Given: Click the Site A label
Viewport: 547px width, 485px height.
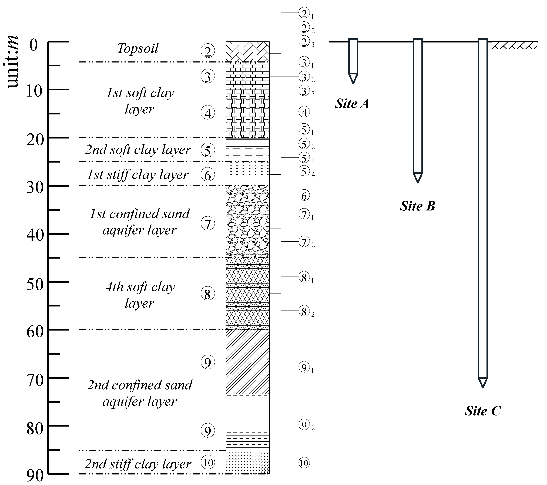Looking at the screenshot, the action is tap(352, 104).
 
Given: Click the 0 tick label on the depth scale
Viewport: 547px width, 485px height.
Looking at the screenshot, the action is tap(34, 45).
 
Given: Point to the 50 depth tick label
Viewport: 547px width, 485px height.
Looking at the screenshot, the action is tap(35, 285).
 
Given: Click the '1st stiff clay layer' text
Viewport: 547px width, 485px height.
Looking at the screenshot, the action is tap(138, 175).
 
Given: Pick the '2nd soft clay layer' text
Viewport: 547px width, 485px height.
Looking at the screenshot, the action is tap(138, 150).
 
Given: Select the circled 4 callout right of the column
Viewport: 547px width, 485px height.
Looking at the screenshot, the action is tap(304, 112).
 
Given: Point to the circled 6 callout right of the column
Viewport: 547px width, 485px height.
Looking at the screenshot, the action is tap(304, 196).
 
